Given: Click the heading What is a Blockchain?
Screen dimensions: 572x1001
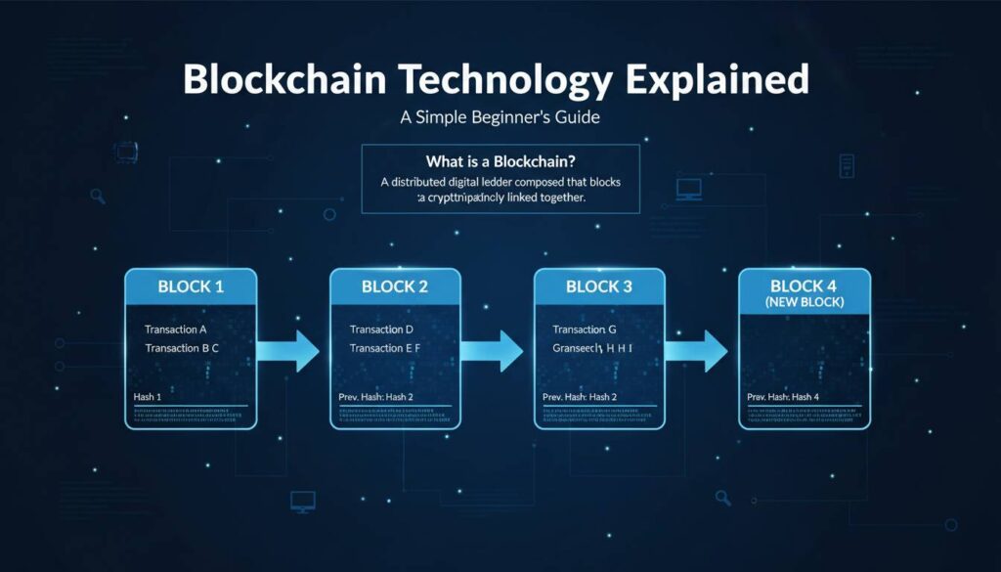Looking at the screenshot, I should point(500,159).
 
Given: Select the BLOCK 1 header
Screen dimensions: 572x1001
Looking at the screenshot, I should point(191,287).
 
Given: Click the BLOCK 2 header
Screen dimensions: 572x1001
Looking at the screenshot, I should point(395,287).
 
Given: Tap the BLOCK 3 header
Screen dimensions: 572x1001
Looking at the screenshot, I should point(599,287).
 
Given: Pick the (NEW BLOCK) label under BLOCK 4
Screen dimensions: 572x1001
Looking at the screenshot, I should point(805,303).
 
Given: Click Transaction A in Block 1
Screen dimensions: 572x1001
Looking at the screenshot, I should point(176,330).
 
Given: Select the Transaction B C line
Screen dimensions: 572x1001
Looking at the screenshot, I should point(182,348).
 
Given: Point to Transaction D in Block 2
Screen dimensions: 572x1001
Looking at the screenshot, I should point(381,330).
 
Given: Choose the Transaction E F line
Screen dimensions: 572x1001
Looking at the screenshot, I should point(387,348).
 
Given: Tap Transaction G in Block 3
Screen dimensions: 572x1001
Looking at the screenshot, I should point(586,330).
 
